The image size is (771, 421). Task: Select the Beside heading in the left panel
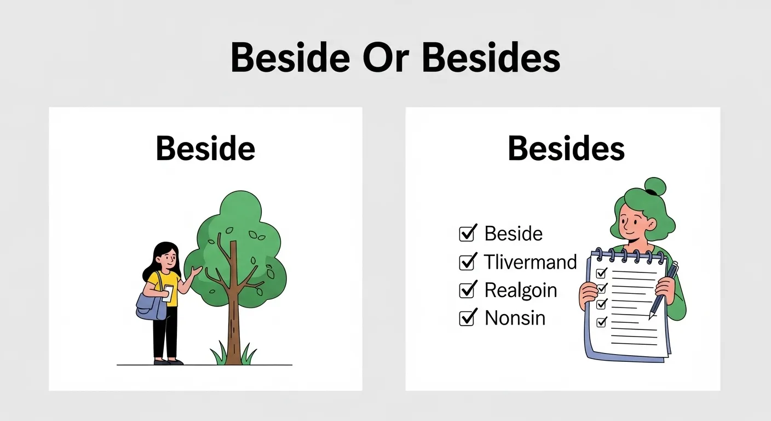pyautogui.click(x=205, y=148)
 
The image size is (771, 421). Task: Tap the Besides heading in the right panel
pyautogui.click(x=566, y=148)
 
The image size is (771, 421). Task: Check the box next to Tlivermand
pyautogui.click(x=467, y=262)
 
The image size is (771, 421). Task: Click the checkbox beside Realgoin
pyautogui.click(x=467, y=290)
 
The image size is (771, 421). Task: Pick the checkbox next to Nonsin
pyautogui.click(x=467, y=318)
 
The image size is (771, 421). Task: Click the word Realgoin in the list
pyautogui.click(x=521, y=290)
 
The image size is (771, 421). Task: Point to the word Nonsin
pyautogui.click(x=515, y=318)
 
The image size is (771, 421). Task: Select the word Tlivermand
pyautogui.click(x=530, y=262)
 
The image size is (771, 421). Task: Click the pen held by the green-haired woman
pyautogui.click(x=664, y=291)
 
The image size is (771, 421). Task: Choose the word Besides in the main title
pyautogui.click(x=491, y=58)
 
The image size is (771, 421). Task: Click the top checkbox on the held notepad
pyautogui.click(x=601, y=272)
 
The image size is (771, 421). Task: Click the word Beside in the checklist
pyautogui.click(x=513, y=234)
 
